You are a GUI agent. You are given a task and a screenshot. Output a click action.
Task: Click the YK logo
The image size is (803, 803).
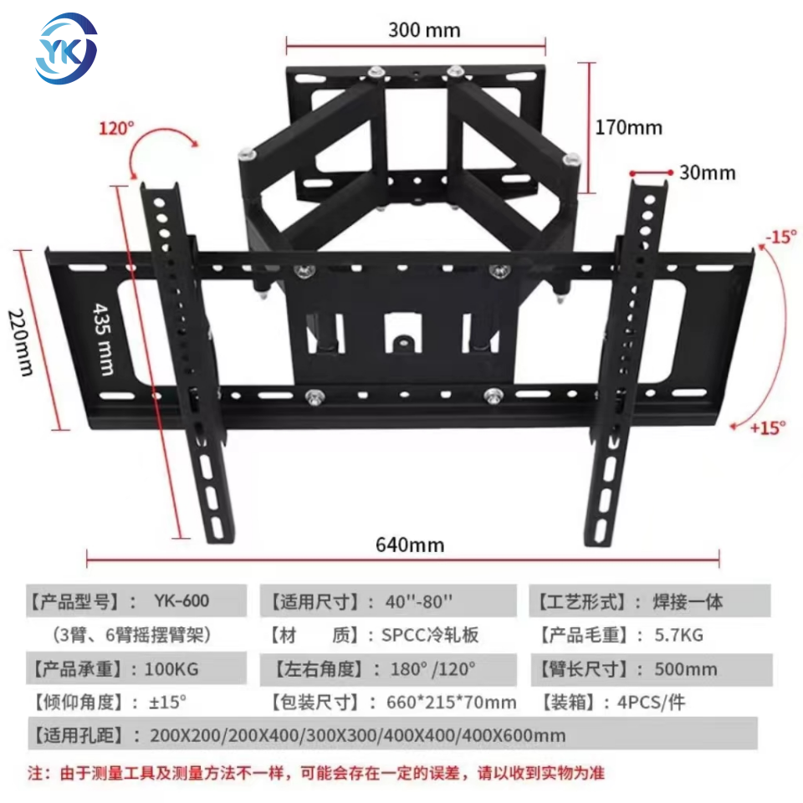coord(66,48)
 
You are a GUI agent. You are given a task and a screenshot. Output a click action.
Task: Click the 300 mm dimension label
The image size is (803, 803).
coord(423,31)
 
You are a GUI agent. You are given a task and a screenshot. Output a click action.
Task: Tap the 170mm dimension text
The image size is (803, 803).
coord(628,127)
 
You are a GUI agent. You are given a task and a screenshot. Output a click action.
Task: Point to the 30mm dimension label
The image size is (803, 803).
coord(707,173)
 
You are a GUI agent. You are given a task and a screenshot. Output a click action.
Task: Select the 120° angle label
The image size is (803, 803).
coord(116,129)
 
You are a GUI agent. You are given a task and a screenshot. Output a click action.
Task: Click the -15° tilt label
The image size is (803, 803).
coord(780,237)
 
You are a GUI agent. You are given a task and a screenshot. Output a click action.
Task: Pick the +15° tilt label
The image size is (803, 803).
coord(768,427)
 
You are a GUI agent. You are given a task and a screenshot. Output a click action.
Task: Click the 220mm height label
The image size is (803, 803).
coord(21,342)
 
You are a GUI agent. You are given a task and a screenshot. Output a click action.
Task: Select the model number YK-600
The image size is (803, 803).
coord(182,601)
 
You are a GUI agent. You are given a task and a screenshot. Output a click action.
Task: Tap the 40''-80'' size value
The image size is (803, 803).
coord(420,601)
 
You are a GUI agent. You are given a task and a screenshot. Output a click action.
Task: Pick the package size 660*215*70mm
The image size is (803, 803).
coord(450,703)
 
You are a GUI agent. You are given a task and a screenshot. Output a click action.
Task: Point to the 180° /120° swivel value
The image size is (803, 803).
coord(432,669)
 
